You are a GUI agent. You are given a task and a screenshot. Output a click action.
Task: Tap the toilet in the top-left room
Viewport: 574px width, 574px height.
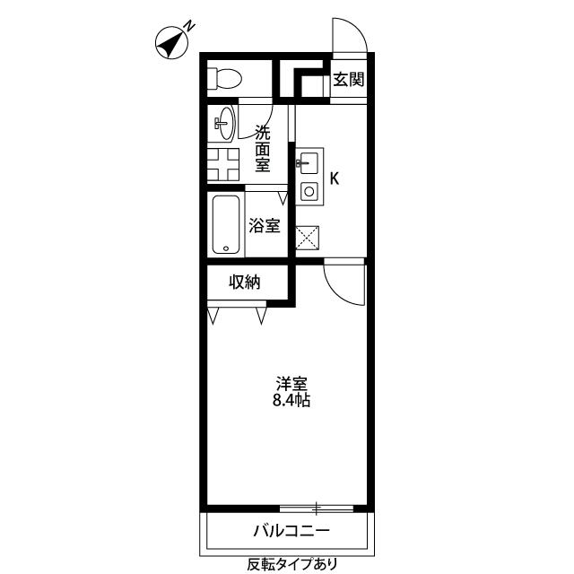(223, 79)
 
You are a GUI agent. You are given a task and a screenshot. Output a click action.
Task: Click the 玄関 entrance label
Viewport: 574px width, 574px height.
(349, 79)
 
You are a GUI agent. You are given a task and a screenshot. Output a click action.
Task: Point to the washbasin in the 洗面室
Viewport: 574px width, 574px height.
(223, 124)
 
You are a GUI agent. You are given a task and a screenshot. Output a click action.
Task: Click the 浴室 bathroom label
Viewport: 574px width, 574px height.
(265, 225)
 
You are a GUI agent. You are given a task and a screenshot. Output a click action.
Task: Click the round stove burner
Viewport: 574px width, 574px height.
(309, 190)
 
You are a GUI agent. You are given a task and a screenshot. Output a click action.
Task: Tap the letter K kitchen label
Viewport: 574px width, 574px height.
(335, 178)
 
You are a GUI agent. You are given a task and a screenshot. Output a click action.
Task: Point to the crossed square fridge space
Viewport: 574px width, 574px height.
(309, 237)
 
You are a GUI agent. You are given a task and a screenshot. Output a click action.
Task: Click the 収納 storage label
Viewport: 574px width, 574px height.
(245, 283)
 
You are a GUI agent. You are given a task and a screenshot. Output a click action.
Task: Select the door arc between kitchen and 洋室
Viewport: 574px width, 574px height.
(343, 283)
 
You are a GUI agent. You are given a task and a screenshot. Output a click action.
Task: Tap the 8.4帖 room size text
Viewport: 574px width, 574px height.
(291, 402)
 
